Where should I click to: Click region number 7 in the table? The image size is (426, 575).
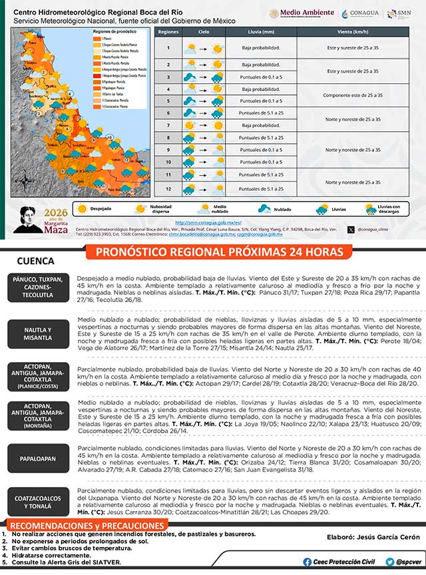[168, 125]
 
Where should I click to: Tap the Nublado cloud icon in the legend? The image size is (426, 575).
[266, 208]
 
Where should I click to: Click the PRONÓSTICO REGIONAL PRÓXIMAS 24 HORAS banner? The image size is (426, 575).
[220, 252]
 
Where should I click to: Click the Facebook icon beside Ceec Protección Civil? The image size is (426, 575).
[307, 562]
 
